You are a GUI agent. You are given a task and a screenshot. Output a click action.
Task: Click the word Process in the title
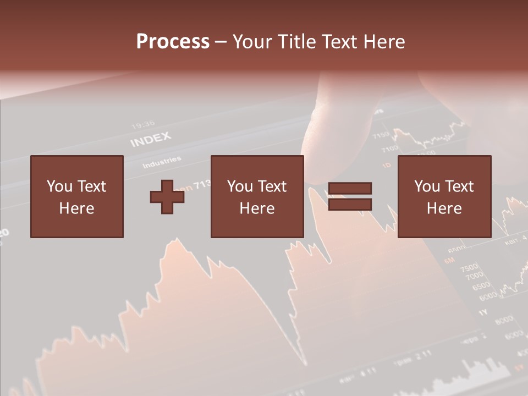(173, 42)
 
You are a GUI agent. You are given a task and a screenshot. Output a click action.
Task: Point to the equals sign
(350, 196)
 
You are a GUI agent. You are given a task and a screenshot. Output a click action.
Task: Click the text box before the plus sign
(76, 196)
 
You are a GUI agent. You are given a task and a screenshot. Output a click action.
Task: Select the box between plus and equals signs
(257, 196)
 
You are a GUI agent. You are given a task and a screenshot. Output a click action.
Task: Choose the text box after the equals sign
(444, 196)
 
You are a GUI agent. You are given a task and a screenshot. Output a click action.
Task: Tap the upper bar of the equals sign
(350, 189)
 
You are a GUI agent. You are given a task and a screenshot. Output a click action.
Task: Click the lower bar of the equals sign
(350, 205)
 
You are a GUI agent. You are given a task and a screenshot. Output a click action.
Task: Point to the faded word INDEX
(151, 140)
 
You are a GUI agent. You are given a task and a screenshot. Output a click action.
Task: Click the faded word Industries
(162, 163)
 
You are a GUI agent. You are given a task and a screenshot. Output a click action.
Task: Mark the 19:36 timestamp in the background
(143, 124)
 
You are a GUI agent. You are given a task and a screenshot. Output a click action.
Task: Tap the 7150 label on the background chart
(380, 135)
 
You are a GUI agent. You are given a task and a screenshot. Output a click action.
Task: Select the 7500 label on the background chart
(469, 268)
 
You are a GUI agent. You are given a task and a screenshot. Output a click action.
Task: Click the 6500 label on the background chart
(481, 286)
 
